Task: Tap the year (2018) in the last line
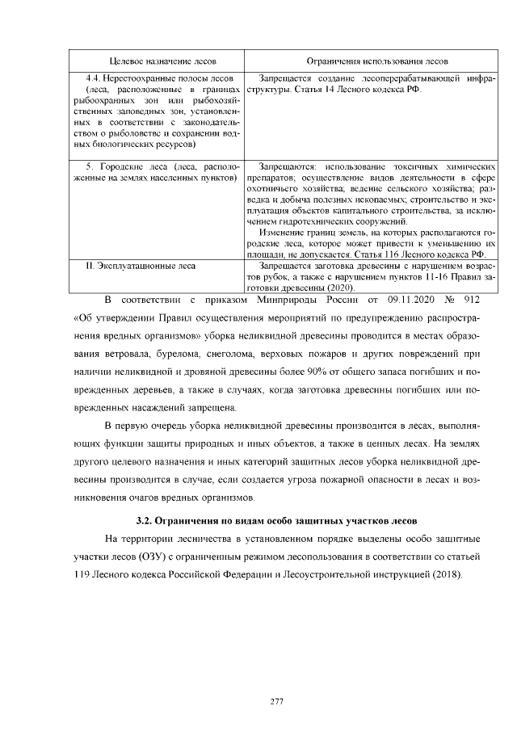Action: pyautogui.click(x=447, y=574)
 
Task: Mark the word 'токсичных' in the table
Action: pyautogui.click(x=393, y=165)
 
